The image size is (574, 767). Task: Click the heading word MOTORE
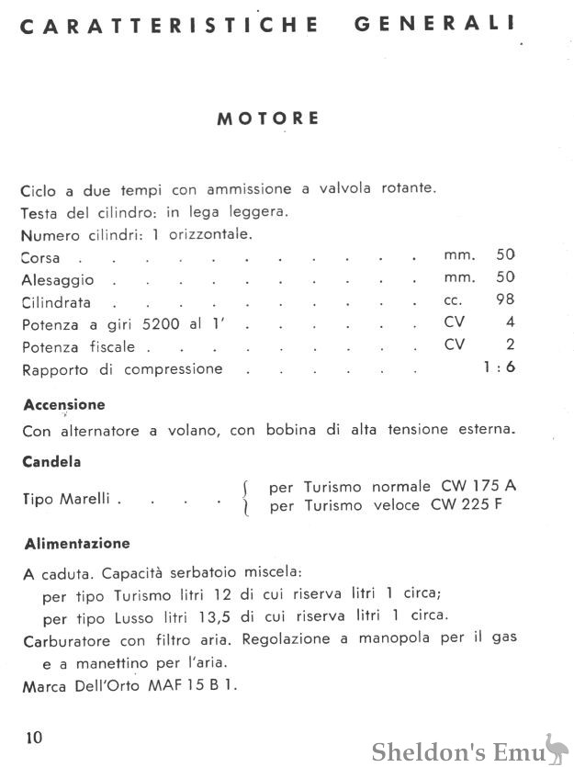pyautogui.click(x=268, y=118)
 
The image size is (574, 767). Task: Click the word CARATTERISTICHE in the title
pyautogui.click(x=169, y=26)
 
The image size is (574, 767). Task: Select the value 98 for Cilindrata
pyautogui.click(x=504, y=299)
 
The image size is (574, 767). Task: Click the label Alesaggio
pyautogui.click(x=57, y=279)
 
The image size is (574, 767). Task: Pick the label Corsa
pyautogui.click(x=40, y=257)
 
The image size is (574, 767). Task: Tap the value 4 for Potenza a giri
pyautogui.click(x=510, y=321)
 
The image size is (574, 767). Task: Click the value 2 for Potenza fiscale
pyautogui.click(x=510, y=344)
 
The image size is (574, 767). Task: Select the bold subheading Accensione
pyautogui.click(x=64, y=404)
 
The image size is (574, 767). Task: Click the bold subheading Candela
pyautogui.click(x=51, y=462)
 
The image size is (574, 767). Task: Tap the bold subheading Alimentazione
pyautogui.click(x=77, y=544)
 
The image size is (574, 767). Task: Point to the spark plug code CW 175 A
pyautogui.click(x=470, y=486)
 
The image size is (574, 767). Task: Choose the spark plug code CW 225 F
pyautogui.click(x=470, y=505)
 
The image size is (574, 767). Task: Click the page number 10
pyautogui.click(x=34, y=738)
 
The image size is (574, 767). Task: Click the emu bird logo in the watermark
pyautogui.click(x=554, y=748)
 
